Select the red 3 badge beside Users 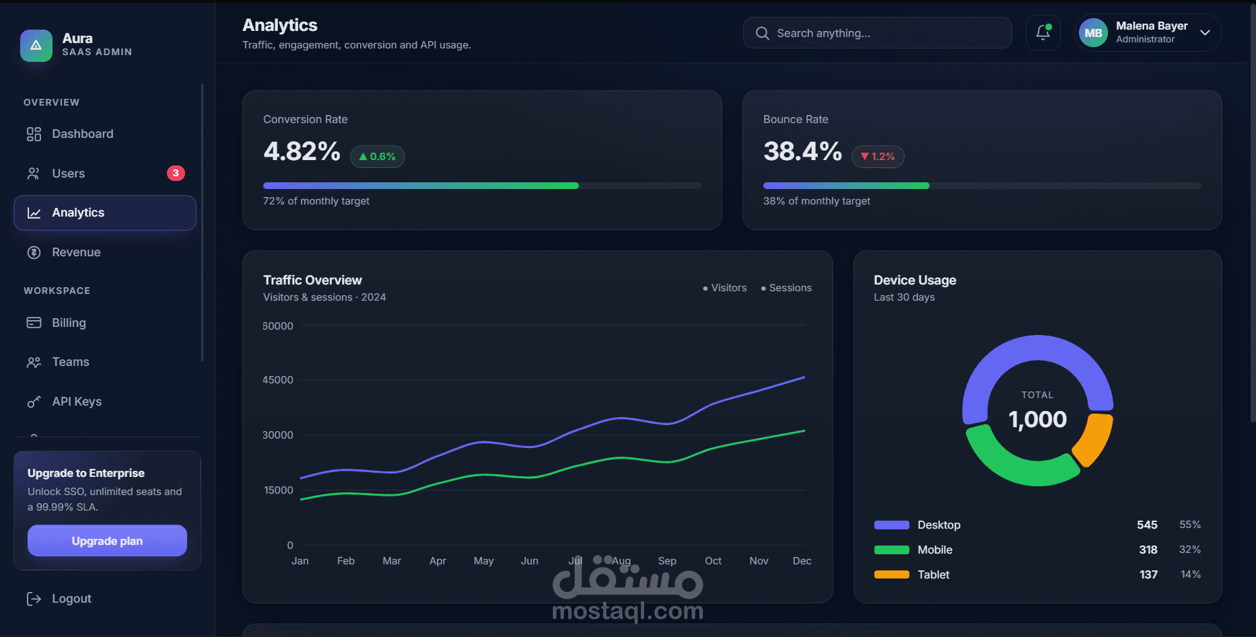(176, 173)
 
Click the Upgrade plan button (107, 541)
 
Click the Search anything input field (877, 33)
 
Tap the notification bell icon (1043, 32)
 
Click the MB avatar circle (1093, 33)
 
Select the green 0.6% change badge (378, 157)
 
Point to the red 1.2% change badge (878, 157)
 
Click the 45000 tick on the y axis (278, 380)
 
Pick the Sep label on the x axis (667, 561)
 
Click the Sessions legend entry (786, 288)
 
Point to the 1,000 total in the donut (1037, 420)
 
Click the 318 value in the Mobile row (1148, 550)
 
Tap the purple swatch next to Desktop (892, 525)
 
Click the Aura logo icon (36, 46)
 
